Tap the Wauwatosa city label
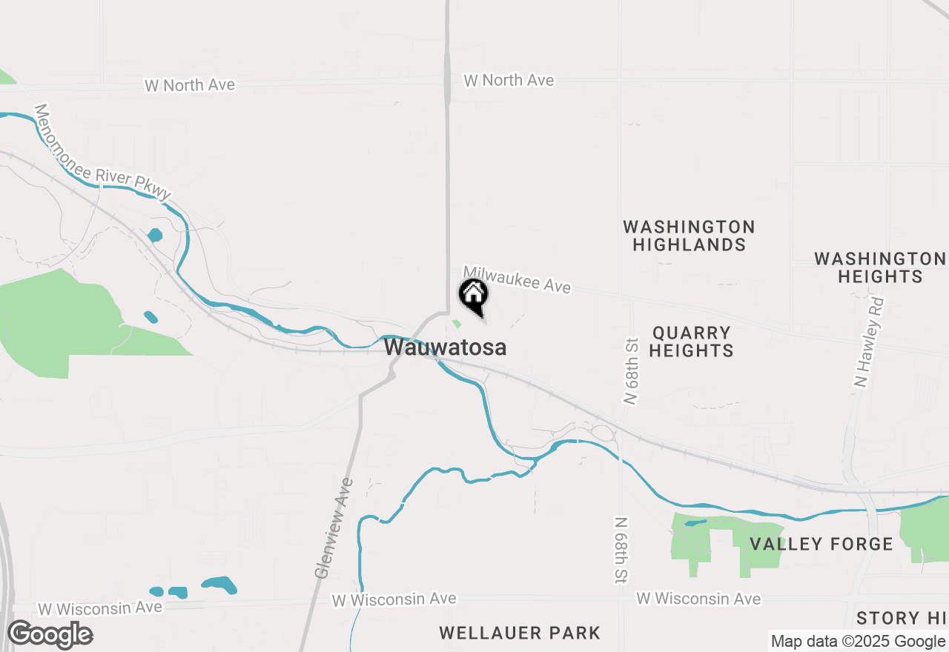coord(446,347)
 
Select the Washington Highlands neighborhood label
coord(689,236)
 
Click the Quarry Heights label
coord(691,342)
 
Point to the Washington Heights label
coord(879,267)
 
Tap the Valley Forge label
coord(821,544)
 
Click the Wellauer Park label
coord(520,633)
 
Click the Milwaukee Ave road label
coord(518,280)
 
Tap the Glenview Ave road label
coord(334,528)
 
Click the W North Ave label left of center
coord(190,85)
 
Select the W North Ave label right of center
coord(509,80)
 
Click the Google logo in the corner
coord(50,635)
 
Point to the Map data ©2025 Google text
coord(859,642)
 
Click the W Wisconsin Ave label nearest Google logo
coord(100,608)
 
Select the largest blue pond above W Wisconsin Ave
coord(219,585)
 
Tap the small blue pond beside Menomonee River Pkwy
coord(155,236)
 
